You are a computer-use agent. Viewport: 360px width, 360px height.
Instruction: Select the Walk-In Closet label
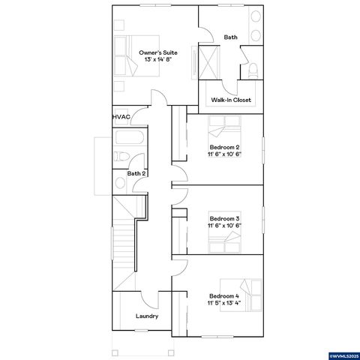(x=231, y=100)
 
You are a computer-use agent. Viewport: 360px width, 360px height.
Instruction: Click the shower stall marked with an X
(x=211, y=60)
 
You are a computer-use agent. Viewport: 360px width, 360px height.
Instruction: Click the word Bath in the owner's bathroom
(x=231, y=37)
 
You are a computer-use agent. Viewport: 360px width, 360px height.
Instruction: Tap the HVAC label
(x=121, y=117)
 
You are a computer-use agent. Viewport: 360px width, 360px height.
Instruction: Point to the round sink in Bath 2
(x=120, y=182)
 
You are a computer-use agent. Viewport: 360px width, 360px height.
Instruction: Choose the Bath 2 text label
(x=136, y=173)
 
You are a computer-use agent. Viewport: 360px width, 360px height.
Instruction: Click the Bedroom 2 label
(x=224, y=146)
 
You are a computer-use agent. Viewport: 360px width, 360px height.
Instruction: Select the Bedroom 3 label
(x=224, y=218)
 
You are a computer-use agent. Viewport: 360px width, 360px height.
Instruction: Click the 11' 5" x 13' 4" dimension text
(x=224, y=304)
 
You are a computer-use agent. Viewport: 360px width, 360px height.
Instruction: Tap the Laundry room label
(x=147, y=316)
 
